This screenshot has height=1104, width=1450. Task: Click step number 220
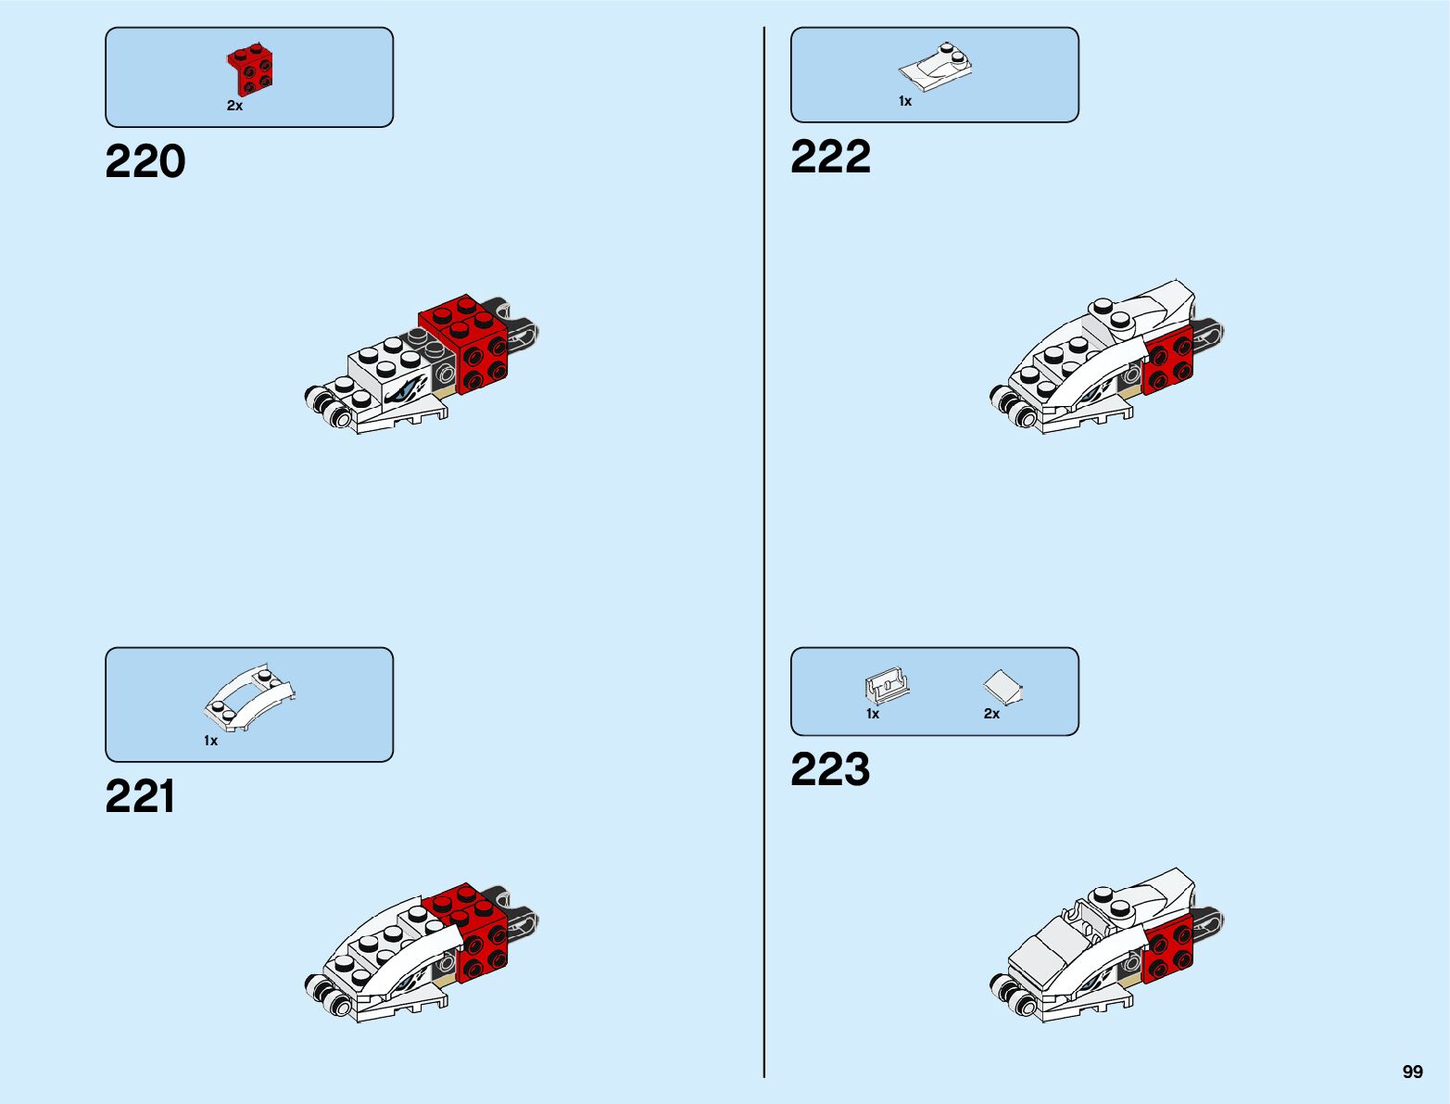[145, 162]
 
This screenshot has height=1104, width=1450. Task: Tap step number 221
[140, 797]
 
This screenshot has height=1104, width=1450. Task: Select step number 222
[830, 157]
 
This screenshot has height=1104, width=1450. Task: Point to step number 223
[830, 770]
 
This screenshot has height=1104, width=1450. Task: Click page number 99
[1412, 1072]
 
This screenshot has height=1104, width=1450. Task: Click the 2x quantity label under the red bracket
[234, 107]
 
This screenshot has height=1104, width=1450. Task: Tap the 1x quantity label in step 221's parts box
[210, 741]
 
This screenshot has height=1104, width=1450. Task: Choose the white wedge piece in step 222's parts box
[936, 68]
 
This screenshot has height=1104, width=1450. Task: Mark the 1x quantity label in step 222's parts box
[904, 101]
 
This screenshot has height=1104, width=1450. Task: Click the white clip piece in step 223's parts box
[887, 687]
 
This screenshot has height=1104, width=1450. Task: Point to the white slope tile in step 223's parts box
[1002, 687]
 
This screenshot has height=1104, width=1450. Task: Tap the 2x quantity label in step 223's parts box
[991, 714]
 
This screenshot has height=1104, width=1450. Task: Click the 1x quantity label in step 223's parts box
[872, 714]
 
